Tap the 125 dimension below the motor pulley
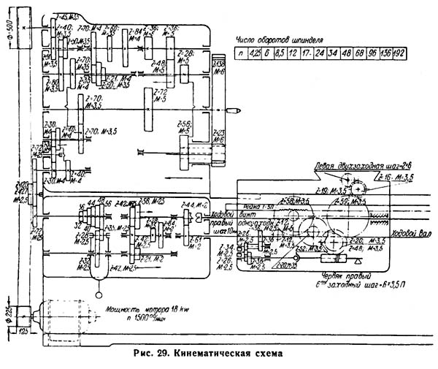pos(23,332)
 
